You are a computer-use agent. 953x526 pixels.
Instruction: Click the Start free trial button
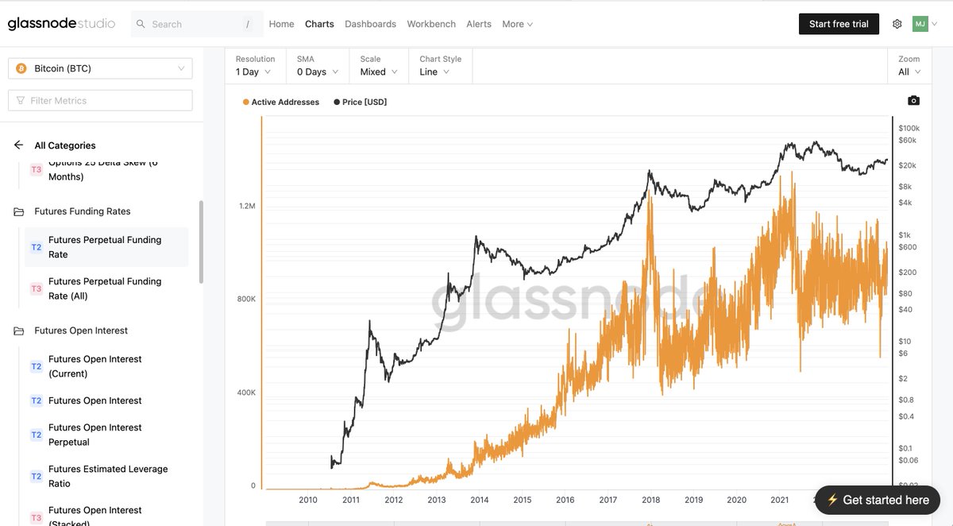point(839,24)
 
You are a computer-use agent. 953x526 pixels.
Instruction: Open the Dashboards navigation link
point(370,24)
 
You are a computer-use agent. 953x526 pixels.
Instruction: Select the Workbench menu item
point(431,24)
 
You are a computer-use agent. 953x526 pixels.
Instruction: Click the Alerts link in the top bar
point(479,24)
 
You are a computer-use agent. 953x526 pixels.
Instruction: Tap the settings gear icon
point(897,24)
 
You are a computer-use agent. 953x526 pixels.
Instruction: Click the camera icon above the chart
point(913,100)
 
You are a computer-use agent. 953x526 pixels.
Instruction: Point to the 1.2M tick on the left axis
point(247,206)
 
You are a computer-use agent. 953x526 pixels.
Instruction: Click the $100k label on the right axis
point(909,128)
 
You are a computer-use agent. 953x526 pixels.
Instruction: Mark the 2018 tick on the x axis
point(650,500)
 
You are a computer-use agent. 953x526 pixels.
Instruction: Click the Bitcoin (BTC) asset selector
point(100,68)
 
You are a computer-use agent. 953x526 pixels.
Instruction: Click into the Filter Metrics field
point(100,100)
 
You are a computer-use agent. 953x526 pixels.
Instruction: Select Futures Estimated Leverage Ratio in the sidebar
point(108,476)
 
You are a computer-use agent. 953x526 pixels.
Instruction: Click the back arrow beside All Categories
point(19,145)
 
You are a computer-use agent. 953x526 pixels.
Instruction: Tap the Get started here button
point(878,500)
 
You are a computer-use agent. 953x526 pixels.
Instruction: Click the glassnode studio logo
point(61,24)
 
